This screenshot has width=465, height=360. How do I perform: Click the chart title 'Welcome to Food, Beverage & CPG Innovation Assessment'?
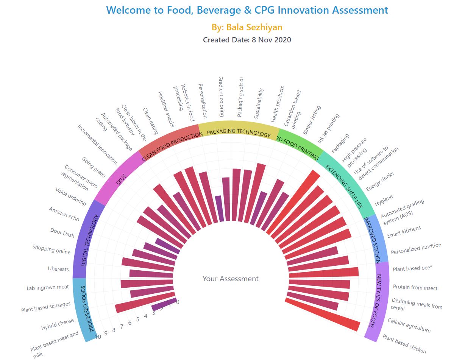247,10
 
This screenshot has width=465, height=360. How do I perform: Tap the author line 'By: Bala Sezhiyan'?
247,27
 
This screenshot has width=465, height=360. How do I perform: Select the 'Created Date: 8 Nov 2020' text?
247,40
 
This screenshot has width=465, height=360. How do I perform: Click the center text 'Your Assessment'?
230,279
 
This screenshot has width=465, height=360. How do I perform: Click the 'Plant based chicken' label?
404,344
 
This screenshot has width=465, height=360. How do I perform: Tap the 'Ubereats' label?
58,269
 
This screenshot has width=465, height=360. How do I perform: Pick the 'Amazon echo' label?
64,214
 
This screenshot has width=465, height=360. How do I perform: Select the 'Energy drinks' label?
380,182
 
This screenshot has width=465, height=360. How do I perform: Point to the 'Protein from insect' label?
415,288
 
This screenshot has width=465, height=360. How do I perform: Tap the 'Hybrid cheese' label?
58,325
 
